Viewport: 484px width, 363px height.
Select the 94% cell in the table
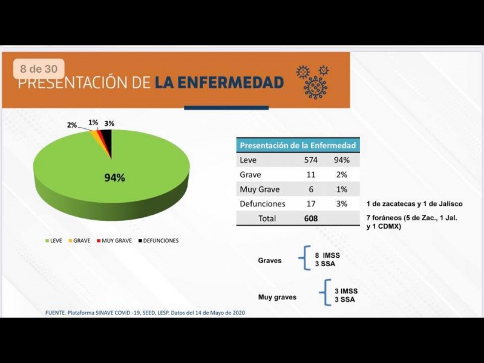tap(342, 160)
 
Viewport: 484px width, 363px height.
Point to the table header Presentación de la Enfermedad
tap(298, 145)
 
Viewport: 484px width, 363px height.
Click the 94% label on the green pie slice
tap(114, 178)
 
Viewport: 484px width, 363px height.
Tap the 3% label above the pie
tap(109, 123)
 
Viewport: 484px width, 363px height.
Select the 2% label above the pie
tap(72, 125)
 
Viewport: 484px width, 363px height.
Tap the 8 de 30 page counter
tap(38, 69)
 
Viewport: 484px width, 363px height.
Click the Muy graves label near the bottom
tap(277, 297)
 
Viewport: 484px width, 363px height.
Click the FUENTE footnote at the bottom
tap(145, 313)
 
